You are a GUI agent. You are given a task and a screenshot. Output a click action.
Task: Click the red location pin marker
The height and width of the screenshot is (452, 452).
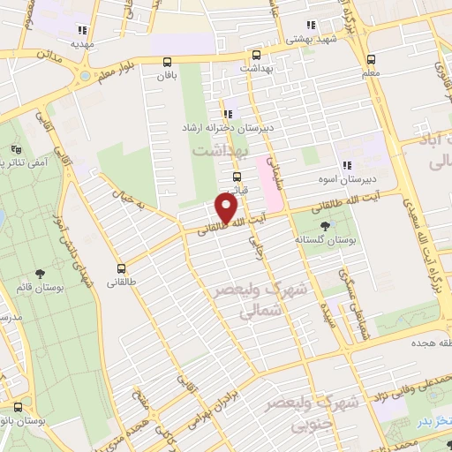tap(226, 208)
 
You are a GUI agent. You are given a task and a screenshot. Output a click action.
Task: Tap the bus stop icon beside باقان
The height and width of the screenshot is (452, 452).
tap(168, 61)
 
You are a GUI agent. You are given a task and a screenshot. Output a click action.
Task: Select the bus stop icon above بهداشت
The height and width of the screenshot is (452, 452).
tap(256, 54)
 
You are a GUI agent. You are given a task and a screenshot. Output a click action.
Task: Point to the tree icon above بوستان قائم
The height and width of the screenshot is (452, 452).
tap(39, 273)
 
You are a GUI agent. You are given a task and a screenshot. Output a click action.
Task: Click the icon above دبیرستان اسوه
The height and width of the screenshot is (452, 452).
tap(347, 164)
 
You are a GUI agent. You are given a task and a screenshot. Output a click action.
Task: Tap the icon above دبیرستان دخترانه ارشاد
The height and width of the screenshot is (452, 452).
tap(228, 113)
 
